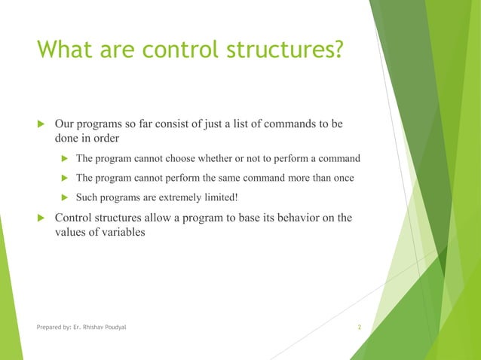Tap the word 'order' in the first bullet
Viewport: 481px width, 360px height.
pos(109,139)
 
